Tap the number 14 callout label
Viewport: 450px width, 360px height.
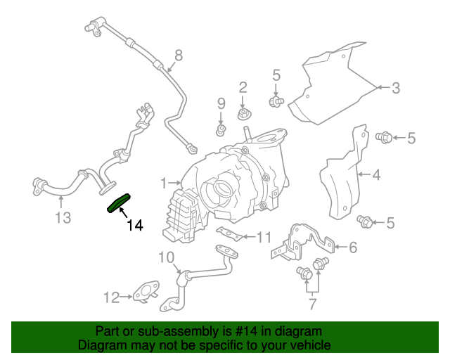(135, 226)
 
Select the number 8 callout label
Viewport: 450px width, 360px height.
(179, 55)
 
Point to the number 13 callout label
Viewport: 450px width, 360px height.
(63, 218)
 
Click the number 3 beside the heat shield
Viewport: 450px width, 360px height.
(396, 88)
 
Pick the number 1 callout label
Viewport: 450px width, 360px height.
(164, 184)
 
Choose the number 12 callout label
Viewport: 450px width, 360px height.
(112, 297)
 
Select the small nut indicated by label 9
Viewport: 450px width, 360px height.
(220, 130)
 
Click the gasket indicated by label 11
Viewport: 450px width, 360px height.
(230, 234)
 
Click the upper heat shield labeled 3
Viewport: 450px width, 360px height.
(330, 81)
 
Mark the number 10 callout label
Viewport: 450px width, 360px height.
(166, 257)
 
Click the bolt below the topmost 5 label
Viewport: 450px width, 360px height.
(276, 103)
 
